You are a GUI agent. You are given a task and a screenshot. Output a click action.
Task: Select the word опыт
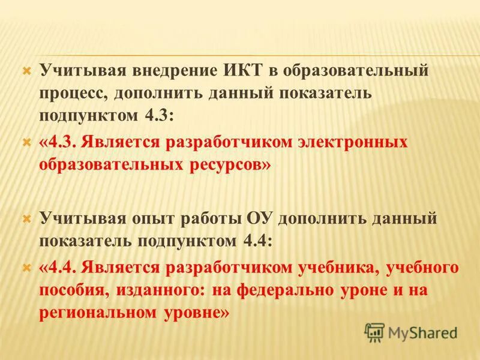point(143,218)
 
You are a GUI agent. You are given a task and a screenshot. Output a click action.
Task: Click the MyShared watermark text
point(423,332)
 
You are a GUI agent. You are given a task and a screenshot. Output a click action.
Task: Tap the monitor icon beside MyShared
point(375,332)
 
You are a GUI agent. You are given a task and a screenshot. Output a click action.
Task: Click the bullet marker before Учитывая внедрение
point(26,71)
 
